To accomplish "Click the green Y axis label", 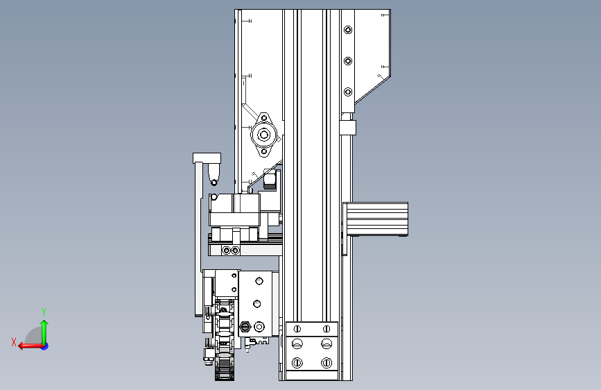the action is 44,312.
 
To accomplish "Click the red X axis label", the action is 14,342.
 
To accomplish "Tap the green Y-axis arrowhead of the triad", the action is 44,324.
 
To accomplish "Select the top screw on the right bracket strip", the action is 348,30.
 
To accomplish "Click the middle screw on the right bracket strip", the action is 348,61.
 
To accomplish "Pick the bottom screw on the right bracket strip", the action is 348,92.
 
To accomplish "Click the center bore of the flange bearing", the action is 263,135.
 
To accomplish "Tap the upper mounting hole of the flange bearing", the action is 263,118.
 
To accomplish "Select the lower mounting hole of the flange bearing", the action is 263,151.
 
